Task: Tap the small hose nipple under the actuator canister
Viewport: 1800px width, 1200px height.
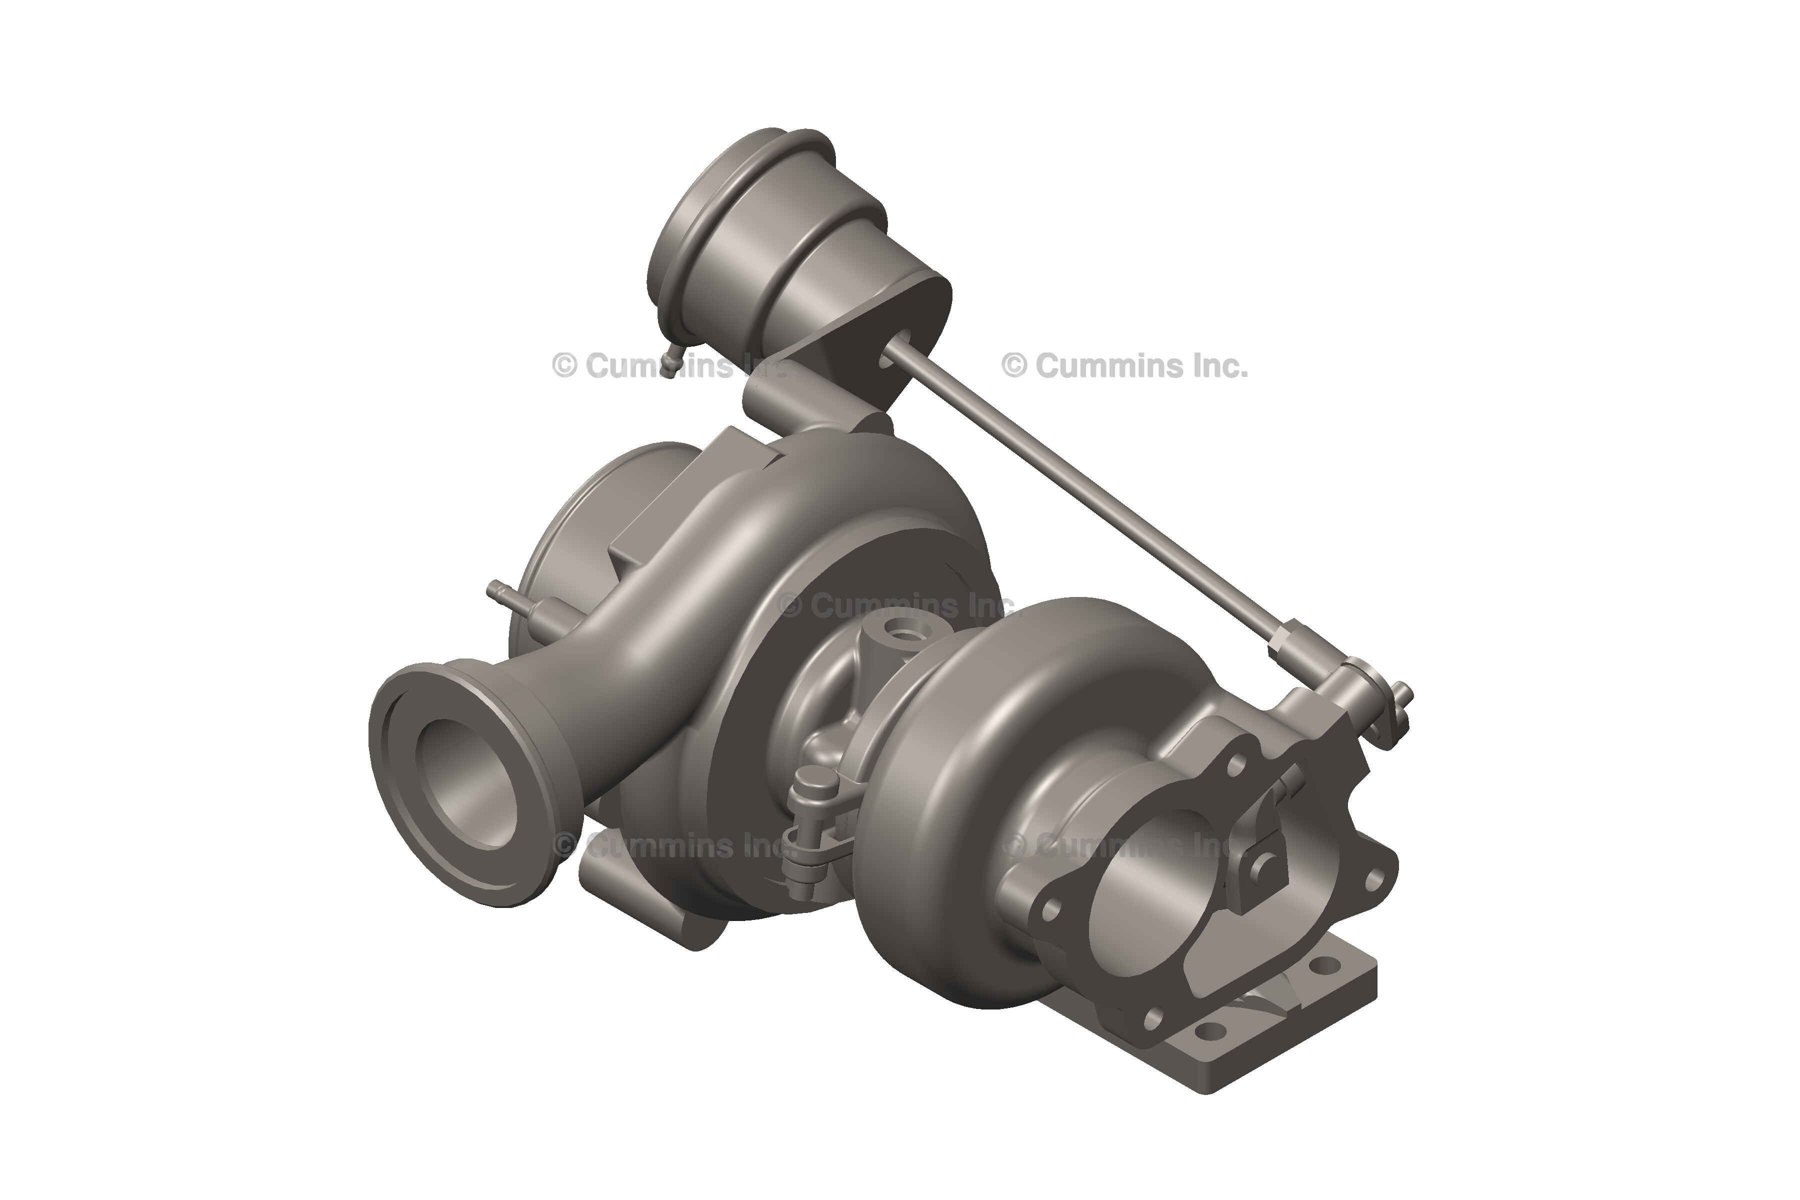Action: click(x=670, y=368)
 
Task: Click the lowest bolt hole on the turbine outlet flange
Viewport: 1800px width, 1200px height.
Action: click(x=1154, y=1018)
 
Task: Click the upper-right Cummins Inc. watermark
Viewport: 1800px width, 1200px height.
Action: click(x=1125, y=366)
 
